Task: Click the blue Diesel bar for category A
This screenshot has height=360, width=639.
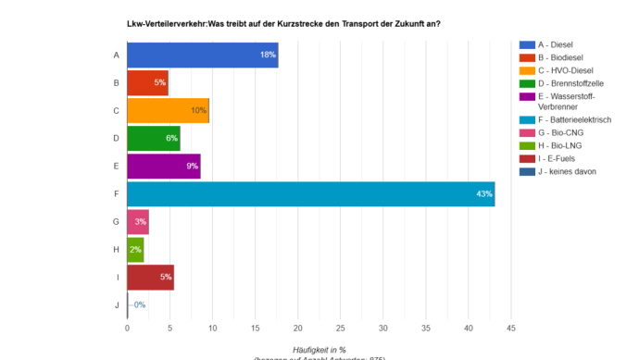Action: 202,56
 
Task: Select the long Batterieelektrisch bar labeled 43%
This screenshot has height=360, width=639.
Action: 310,194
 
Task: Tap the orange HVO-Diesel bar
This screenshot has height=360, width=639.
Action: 168,111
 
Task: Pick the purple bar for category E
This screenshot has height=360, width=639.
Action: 163,167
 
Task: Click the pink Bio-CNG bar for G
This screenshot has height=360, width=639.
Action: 138,222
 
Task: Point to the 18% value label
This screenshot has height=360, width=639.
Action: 268,56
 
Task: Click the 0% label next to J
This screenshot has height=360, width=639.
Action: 138,304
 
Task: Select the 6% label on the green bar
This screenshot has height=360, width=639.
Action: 171,139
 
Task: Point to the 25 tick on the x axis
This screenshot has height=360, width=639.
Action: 340,328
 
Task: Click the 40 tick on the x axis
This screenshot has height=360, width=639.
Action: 469,328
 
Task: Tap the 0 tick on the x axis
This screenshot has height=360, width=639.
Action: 127,328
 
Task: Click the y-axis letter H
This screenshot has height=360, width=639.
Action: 116,250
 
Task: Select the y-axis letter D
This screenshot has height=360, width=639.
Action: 116,139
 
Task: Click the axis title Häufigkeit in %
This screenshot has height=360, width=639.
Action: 319,349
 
